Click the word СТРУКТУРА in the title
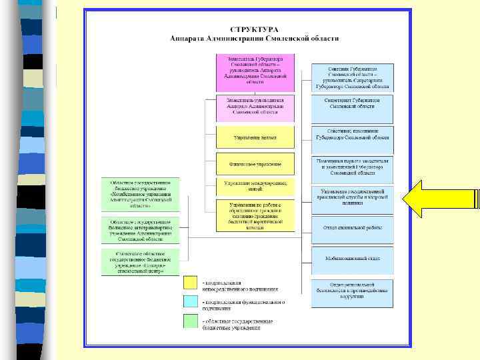(255, 30)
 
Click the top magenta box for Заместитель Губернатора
(255, 72)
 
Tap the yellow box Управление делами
(255, 137)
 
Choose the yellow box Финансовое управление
(255, 163)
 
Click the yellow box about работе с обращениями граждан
(255, 215)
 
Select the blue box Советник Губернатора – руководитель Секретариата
(353, 77)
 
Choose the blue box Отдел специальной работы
(353, 229)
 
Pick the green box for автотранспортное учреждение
(141, 231)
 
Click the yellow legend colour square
(191, 283)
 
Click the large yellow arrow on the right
(433, 199)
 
